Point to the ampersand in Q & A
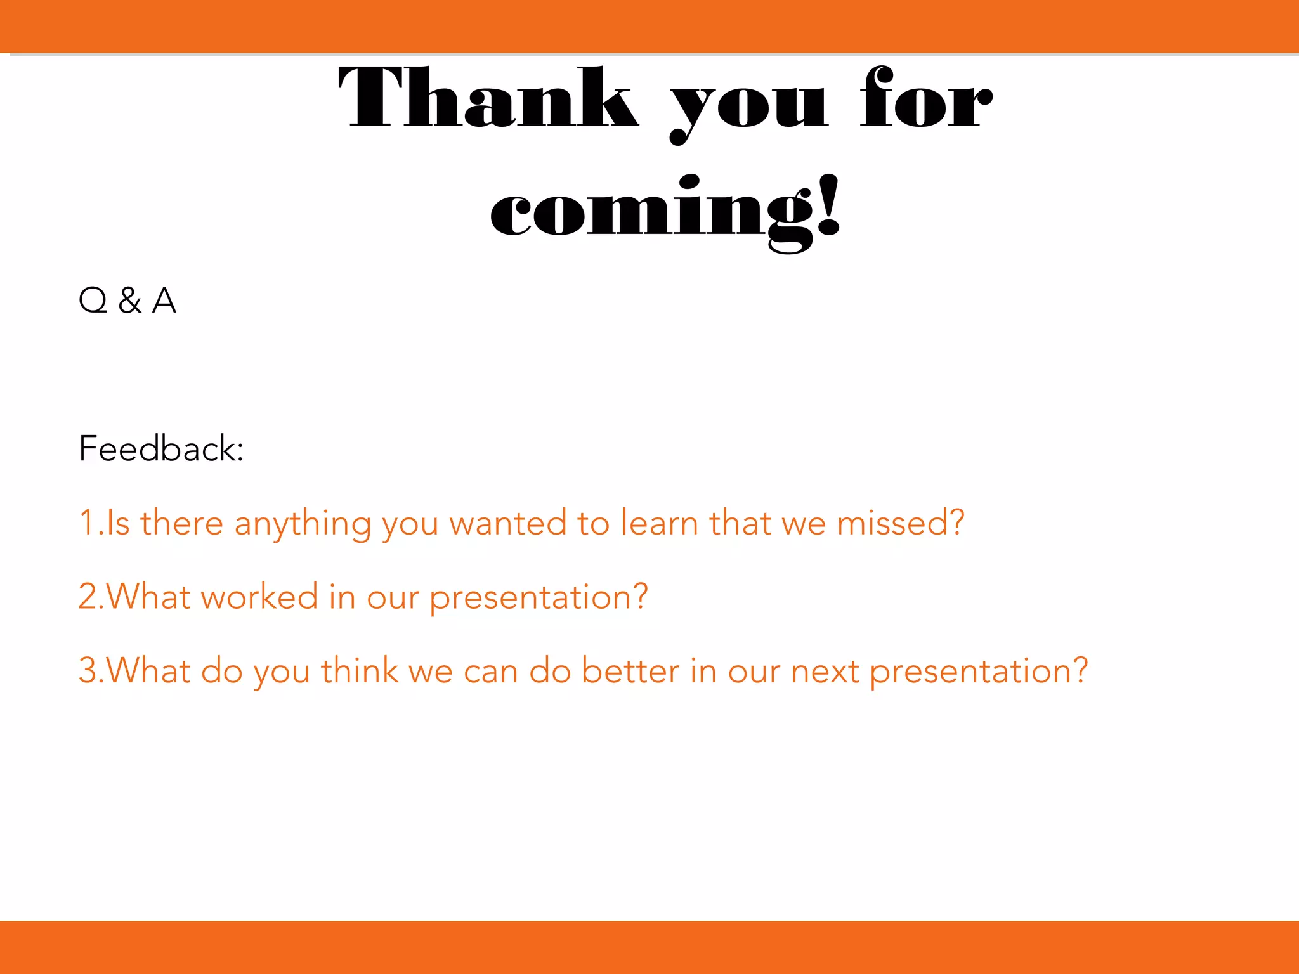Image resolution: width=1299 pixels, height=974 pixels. click(x=129, y=301)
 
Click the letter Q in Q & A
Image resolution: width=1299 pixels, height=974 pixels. click(x=93, y=301)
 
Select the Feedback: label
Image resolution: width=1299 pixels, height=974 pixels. click(x=161, y=449)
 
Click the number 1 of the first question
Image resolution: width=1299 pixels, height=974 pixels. click(x=86, y=523)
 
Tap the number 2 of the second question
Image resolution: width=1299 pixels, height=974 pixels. click(x=87, y=597)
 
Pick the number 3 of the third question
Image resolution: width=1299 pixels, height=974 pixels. click(x=87, y=671)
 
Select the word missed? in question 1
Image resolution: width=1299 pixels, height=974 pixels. click(x=900, y=523)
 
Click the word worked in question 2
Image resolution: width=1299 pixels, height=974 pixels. click(x=259, y=597)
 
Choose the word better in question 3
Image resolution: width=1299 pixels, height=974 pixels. click(x=630, y=671)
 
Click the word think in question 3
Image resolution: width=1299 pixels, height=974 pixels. click(x=360, y=671)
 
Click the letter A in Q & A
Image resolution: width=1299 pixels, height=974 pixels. click(x=164, y=301)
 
